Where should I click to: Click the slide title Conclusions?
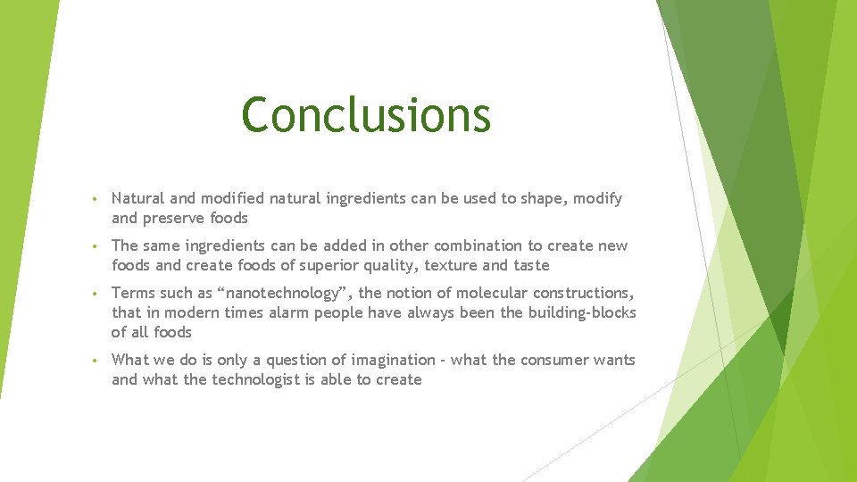tap(366, 114)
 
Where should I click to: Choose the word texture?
tap(451, 265)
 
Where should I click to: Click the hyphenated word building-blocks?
tap(581, 312)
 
